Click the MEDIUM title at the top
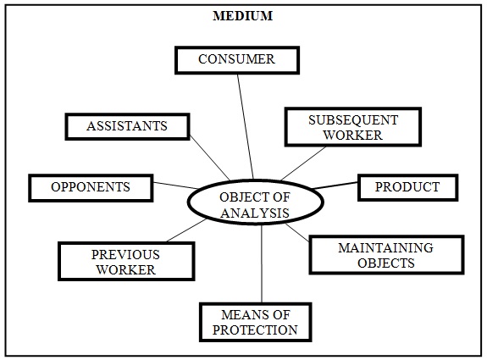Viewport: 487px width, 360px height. click(x=242, y=16)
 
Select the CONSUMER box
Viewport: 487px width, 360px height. click(x=237, y=60)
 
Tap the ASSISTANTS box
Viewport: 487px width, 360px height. click(x=127, y=126)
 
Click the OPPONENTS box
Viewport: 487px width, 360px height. click(x=91, y=187)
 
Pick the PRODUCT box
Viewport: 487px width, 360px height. click(x=407, y=187)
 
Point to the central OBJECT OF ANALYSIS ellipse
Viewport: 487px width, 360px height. click(x=255, y=202)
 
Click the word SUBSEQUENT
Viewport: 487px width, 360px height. click(x=353, y=120)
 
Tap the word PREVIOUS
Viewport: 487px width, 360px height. click(x=125, y=255)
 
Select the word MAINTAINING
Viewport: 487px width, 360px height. click(x=385, y=248)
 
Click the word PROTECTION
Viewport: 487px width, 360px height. click(x=255, y=330)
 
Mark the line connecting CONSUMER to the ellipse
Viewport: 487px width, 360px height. click(x=246, y=127)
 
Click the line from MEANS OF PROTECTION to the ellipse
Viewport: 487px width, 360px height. click(x=262, y=263)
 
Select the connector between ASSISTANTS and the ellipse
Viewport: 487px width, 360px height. click(x=210, y=158)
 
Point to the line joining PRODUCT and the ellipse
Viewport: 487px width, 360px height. click(x=335, y=186)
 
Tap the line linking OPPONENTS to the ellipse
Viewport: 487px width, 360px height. click(x=175, y=186)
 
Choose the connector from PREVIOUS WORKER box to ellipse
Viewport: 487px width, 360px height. click(x=186, y=230)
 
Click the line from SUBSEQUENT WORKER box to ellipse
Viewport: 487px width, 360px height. click(x=303, y=163)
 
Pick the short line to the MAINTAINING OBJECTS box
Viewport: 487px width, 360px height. click(x=297, y=232)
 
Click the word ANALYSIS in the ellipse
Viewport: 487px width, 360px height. click(x=255, y=213)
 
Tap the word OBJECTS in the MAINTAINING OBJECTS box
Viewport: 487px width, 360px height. click(x=385, y=263)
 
